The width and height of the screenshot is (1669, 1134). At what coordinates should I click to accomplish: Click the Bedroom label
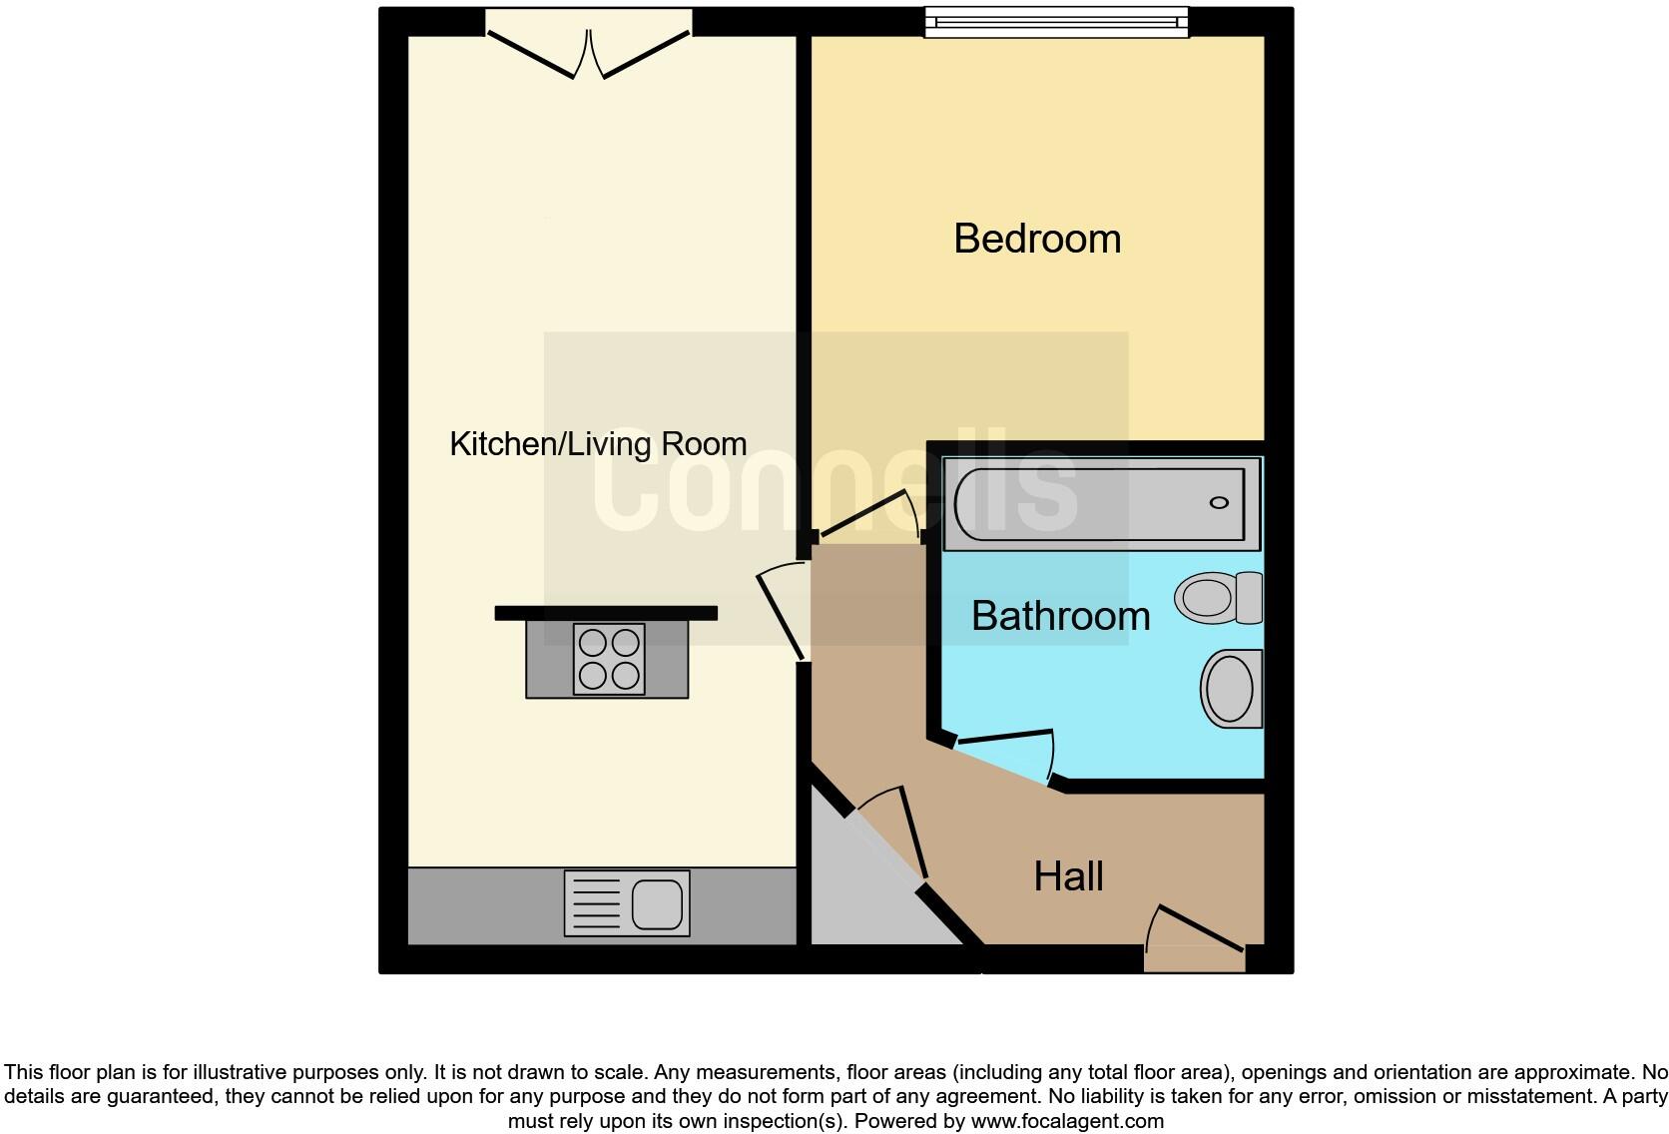coord(1037,240)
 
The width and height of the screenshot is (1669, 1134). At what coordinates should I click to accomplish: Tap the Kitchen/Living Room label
coord(598,444)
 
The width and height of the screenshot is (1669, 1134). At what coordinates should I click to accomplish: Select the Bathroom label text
coord(1060,616)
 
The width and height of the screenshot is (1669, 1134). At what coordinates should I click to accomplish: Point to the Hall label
coord(1068,876)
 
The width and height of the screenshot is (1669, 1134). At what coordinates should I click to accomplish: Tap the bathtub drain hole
coord(1219,502)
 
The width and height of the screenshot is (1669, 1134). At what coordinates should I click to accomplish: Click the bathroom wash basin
coord(1231,689)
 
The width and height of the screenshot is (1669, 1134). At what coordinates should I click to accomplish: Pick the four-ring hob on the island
coord(608,659)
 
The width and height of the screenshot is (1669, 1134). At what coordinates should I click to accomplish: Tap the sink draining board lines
coord(595,904)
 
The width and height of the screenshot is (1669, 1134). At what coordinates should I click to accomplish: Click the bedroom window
coord(1056,22)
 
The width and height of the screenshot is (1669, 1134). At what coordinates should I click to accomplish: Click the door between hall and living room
coord(782,614)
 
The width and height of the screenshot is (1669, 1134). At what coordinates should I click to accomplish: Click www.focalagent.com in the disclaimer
coord(1067,1121)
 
